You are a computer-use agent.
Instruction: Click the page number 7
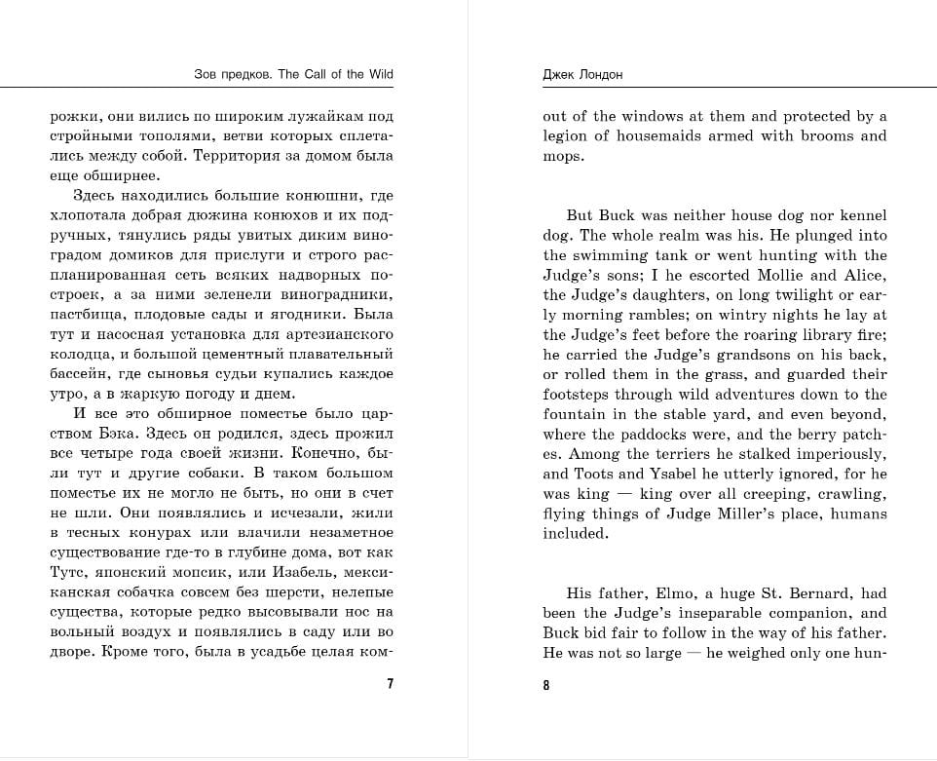click(390, 684)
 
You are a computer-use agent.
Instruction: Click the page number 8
click(546, 685)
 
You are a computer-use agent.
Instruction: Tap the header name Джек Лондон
click(582, 75)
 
